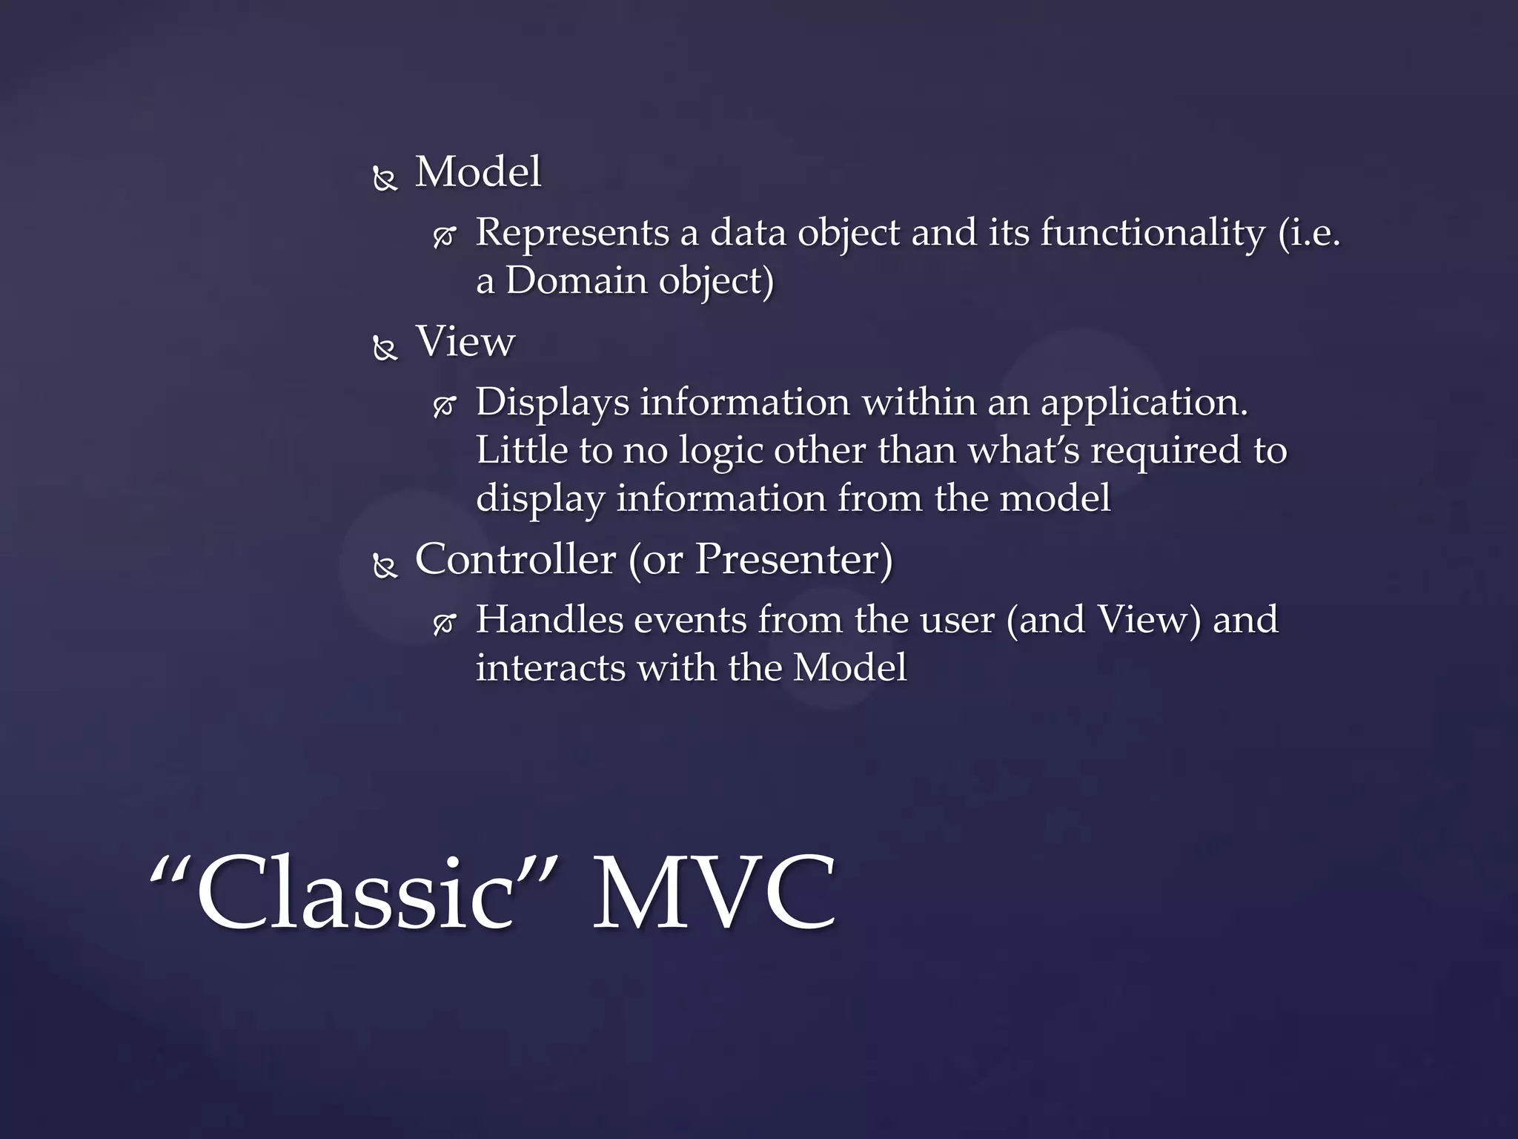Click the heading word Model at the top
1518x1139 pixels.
coord(478,172)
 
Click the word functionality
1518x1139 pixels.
coord(1153,232)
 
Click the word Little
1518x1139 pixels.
coord(522,450)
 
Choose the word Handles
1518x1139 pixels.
coord(548,619)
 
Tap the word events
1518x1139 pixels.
coord(689,619)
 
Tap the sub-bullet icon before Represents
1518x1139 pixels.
coord(444,237)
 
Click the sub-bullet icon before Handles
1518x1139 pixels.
coord(444,625)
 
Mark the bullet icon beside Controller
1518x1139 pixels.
coord(385,567)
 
